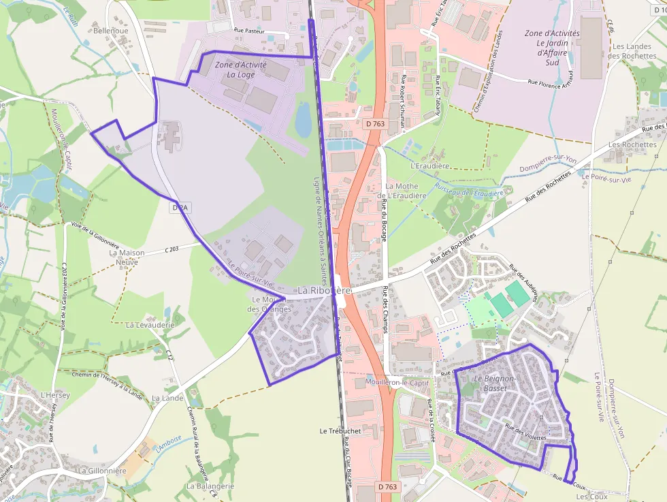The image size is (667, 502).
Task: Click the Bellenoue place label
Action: [x=110, y=31]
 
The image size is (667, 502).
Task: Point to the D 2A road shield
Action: [x=180, y=206]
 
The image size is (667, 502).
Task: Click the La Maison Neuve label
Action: [x=127, y=257]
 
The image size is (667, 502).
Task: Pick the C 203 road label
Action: [x=171, y=249]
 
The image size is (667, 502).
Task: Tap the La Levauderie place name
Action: [x=150, y=325]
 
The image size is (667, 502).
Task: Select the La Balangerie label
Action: [x=210, y=486]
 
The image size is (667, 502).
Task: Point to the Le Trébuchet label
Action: [x=340, y=431]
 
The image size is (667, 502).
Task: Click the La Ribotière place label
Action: [x=323, y=291]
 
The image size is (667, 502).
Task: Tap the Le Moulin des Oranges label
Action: [x=272, y=304]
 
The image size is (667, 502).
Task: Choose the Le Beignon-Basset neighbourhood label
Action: [x=495, y=383]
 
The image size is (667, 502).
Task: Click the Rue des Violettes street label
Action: [x=526, y=432]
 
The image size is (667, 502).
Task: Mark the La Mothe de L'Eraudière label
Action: [x=406, y=191]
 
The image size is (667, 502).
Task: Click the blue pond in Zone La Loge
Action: [x=303, y=121]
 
